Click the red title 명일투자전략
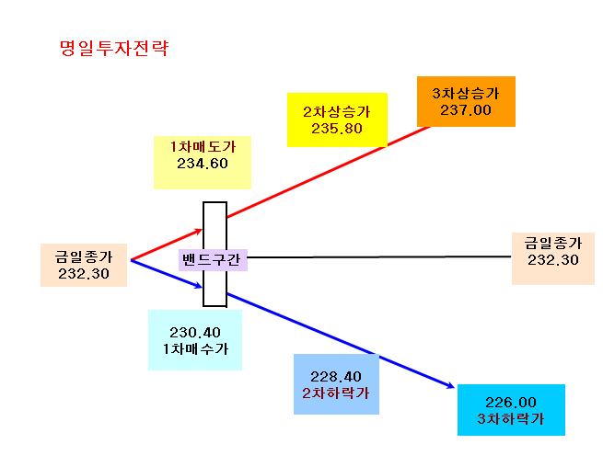(114, 49)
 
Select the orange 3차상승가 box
(466, 101)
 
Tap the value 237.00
(466, 110)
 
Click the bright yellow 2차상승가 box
(337, 120)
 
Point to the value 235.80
(337, 129)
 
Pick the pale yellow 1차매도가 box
(203, 163)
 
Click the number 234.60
(203, 164)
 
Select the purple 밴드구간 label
(213, 260)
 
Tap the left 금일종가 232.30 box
(84, 265)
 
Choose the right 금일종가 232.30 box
(553, 258)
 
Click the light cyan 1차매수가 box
(195, 340)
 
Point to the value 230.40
(195, 333)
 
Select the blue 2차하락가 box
(337, 384)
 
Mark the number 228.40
(336, 377)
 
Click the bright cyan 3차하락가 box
(511, 410)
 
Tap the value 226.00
(511, 403)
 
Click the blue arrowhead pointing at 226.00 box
(451, 385)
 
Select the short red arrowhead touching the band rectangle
(199, 231)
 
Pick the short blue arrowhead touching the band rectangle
(199, 285)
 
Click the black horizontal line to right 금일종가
(379, 256)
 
